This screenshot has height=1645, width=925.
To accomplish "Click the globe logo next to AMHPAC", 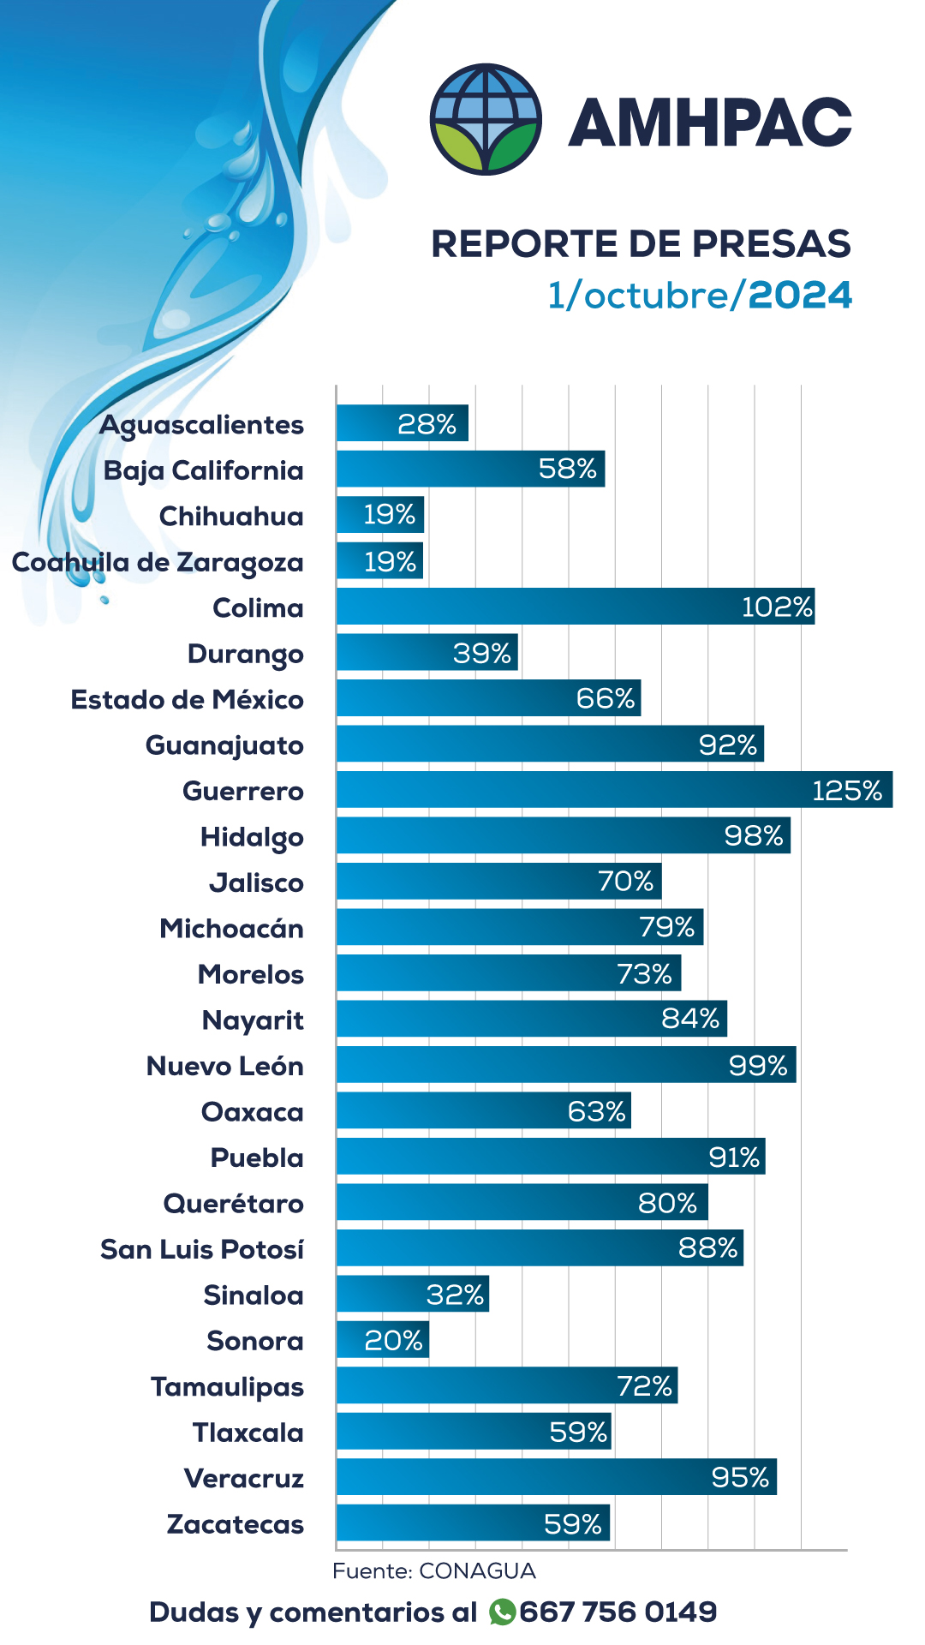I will [486, 119].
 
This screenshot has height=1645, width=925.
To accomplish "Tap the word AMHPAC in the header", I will [709, 122].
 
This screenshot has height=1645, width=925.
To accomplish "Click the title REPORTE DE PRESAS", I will [641, 243].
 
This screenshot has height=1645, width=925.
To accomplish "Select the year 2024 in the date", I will [800, 296].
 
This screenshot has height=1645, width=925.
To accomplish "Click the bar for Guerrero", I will [613, 790].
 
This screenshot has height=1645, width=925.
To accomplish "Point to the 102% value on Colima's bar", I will [776, 607].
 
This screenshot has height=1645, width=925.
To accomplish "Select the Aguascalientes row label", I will [202, 425].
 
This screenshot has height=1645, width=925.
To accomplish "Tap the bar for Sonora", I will [382, 1340].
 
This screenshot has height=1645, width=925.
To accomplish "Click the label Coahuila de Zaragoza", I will [158, 563].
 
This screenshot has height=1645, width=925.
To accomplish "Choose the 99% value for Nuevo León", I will [757, 1066].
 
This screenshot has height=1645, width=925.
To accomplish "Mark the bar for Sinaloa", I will [412, 1294].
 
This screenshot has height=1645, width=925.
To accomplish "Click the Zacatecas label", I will [236, 1524].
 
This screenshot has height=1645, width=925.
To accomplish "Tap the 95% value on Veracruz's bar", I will [740, 1478].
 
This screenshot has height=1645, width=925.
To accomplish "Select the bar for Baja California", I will [470, 470].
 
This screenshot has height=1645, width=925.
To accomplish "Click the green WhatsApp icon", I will [502, 1612].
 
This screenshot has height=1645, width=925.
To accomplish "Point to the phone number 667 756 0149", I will [618, 1612].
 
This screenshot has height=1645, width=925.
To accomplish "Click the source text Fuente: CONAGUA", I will [434, 1571].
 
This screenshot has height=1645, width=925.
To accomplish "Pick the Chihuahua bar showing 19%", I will [379, 515].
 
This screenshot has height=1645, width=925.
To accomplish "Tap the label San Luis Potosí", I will [202, 1249].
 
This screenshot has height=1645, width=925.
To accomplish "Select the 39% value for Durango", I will [482, 654].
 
